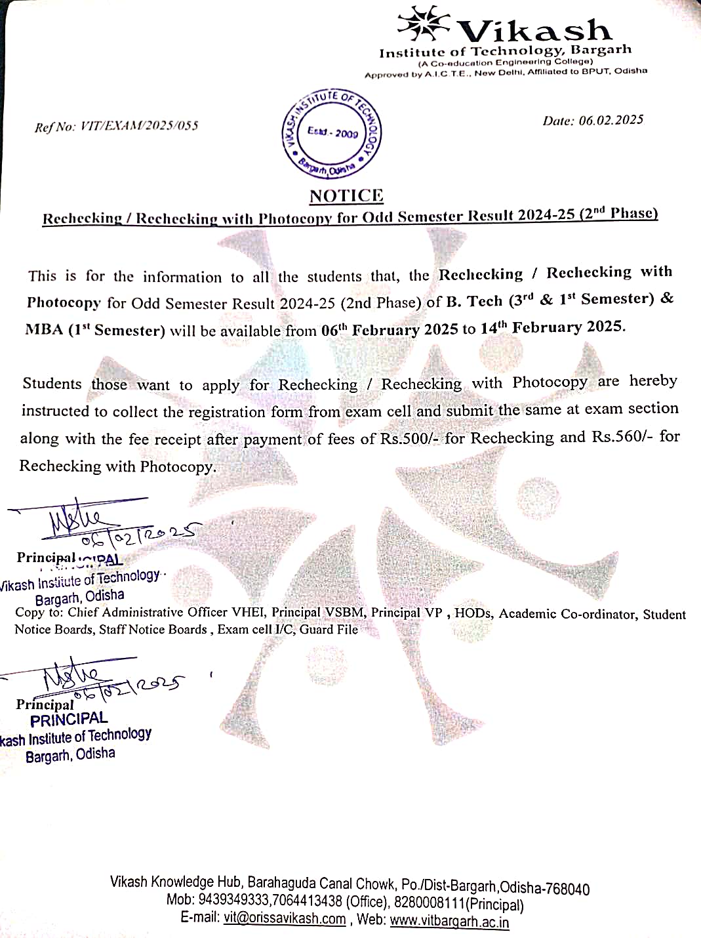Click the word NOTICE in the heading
[346, 195]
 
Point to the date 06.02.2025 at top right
[611, 120]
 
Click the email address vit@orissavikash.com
[284, 918]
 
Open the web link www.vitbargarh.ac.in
[449, 921]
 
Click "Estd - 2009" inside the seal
[333, 133]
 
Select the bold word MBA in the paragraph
[45, 329]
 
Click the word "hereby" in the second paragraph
[653, 381]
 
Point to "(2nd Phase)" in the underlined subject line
[619, 213]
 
